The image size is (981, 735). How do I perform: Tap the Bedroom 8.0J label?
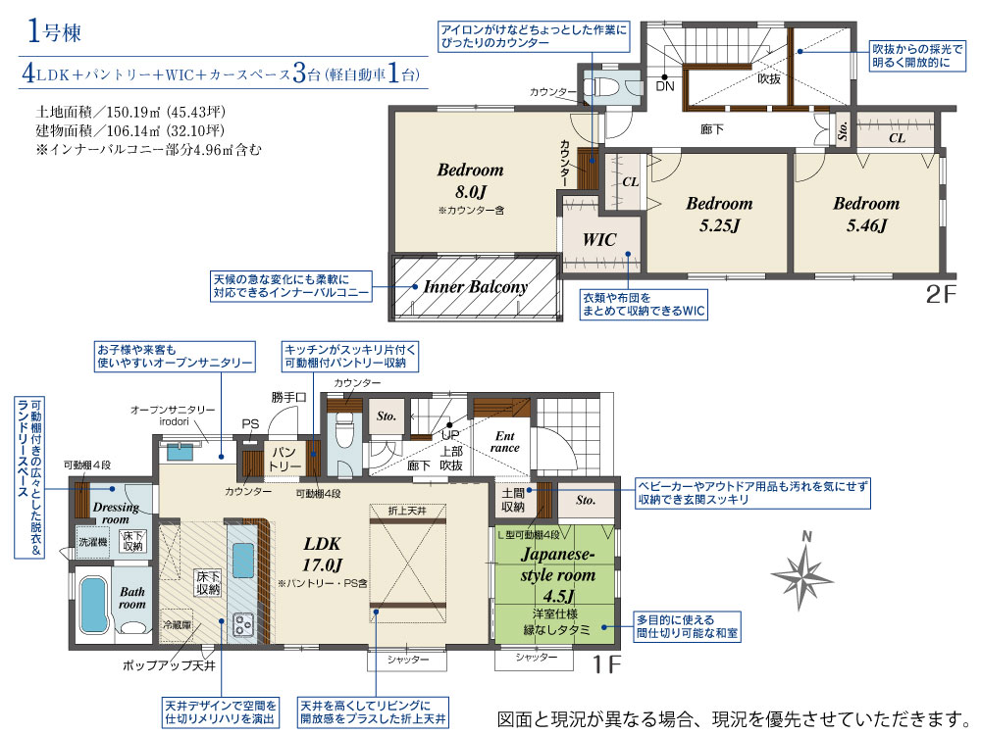[471, 180]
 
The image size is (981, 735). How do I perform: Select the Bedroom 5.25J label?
[719, 214]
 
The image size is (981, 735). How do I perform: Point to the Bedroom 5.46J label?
[866, 214]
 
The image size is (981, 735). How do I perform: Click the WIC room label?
[599, 239]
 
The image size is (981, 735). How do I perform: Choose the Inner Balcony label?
[476, 287]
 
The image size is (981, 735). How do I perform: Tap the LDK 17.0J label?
[322, 555]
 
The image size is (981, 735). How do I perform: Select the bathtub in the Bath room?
[95, 605]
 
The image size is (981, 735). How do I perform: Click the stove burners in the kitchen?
[242, 624]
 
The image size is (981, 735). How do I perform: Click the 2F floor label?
[941, 294]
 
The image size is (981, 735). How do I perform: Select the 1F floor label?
[606, 664]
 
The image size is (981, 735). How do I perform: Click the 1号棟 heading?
[54, 31]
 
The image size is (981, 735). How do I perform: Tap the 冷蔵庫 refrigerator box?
[177, 625]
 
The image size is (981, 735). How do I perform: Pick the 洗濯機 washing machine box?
[92, 542]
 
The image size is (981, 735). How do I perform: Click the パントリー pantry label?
[284, 460]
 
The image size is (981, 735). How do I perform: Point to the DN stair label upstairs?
[664, 86]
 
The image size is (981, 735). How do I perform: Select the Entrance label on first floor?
[505, 442]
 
